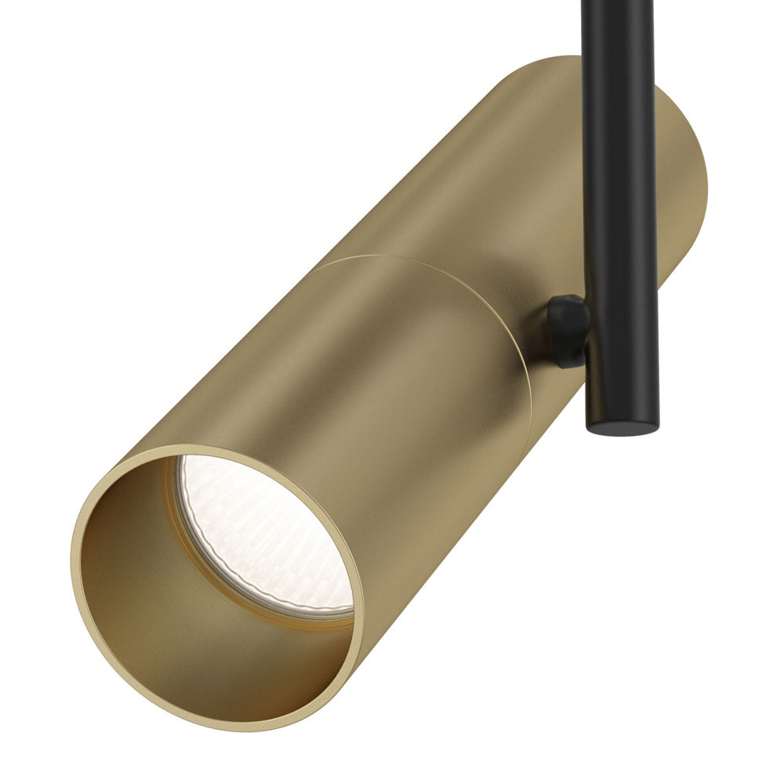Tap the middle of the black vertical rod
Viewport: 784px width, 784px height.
619,196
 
